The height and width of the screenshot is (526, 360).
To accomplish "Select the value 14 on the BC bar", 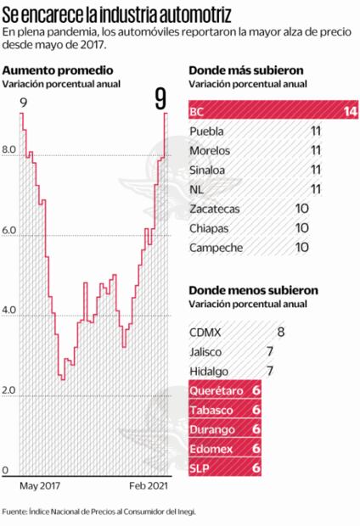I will (x=349, y=111).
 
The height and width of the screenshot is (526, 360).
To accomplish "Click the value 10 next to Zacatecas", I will (x=301, y=209).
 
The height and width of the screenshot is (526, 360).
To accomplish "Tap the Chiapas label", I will (x=209, y=228).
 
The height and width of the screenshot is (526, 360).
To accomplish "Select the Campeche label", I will (x=216, y=248).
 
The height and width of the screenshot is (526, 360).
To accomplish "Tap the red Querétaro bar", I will (x=223, y=390).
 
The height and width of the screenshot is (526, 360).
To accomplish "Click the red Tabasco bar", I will (x=223, y=410).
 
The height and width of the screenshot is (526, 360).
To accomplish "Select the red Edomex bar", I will (x=223, y=448).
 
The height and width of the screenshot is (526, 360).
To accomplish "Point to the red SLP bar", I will (x=223, y=467).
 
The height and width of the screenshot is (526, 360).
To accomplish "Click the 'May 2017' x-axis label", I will (x=40, y=486).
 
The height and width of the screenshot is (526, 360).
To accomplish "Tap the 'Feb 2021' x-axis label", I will (x=149, y=486).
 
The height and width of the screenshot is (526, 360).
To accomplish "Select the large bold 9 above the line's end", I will (x=160, y=99).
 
